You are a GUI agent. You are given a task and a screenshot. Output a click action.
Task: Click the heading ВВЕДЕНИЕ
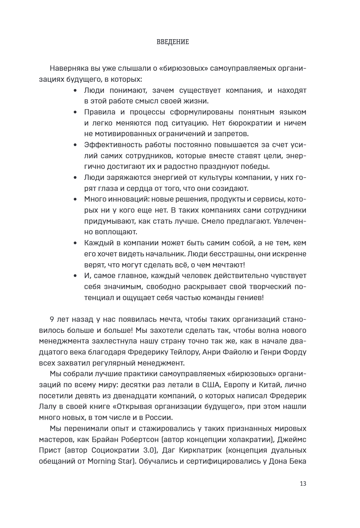pos(172,42)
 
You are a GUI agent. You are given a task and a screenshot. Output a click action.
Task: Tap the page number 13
pos(303,484)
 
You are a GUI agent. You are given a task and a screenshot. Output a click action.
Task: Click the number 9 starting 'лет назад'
pos(52,319)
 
